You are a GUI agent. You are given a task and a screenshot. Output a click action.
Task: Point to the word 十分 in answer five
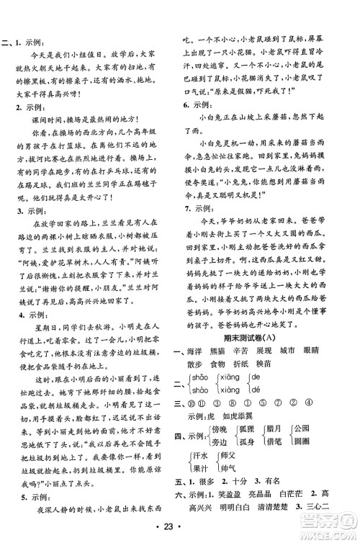tap(254, 484)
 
